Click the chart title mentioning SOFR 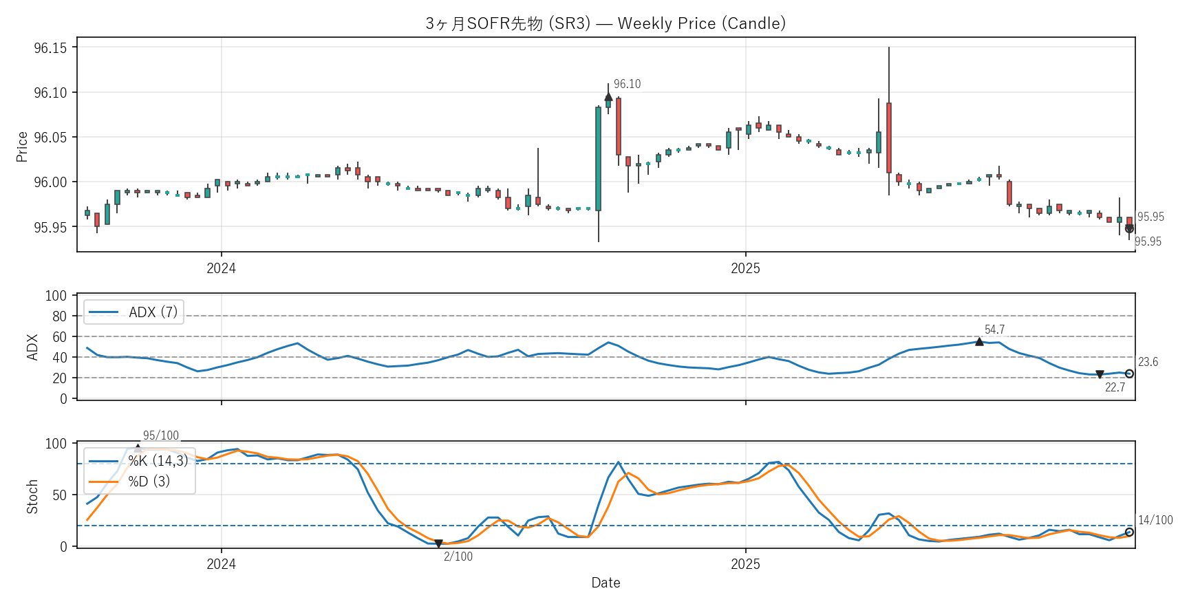pyautogui.click(x=606, y=23)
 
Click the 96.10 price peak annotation pyautogui.click(x=627, y=84)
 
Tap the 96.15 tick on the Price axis pyautogui.click(x=50, y=47)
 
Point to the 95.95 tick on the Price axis pyautogui.click(x=50, y=227)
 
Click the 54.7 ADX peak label pyautogui.click(x=994, y=330)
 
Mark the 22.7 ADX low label pyautogui.click(x=1115, y=387)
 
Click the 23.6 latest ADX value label pyautogui.click(x=1148, y=362)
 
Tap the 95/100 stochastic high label pyautogui.click(x=160, y=435)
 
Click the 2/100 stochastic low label pyautogui.click(x=458, y=557)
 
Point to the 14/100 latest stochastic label pyautogui.click(x=1155, y=520)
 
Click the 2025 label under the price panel pyautogui.click(x=745, y=268)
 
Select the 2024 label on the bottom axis pyautogui.click(x=221, y=564)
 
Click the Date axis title pyautogui.click(x=606, y=583)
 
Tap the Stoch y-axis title pyautogui.click(x=32, y=497)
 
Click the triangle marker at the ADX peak pyautogui.click(x=979, y=341)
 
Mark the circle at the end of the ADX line pyautogui.click(x=1129, y=374)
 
